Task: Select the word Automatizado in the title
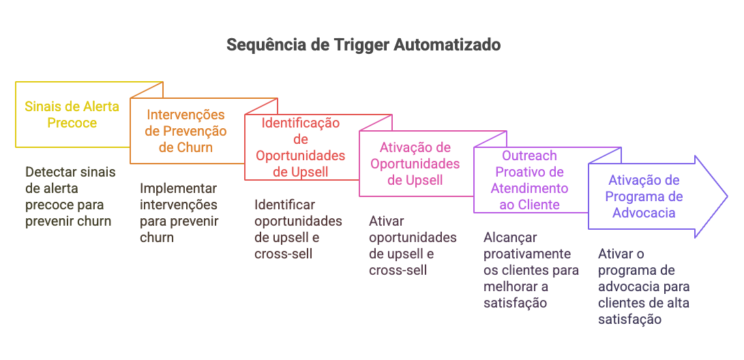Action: click(447, 45)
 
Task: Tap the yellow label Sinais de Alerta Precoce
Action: click(72, 115)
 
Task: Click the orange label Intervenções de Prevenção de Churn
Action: click(186, 131)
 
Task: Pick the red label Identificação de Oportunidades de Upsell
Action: click(301, 147)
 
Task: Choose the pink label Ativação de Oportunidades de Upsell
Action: click(415, 164)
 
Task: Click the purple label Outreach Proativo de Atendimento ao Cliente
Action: click(529, 180)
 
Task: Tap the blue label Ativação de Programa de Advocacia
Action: click(644, 196)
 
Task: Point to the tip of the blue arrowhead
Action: click(728, 196)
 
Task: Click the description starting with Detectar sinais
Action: click(70, 196)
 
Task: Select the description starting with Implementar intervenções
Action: click(179, 213)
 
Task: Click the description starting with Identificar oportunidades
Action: click(298, 229)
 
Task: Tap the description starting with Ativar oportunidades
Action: click(413, 245)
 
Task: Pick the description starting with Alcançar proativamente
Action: click(531, 270)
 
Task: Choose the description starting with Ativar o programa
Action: click(643, 286)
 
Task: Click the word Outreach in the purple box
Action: click(529, 155)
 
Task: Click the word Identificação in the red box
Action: click(301, 123)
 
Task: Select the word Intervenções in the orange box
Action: click(186, 115)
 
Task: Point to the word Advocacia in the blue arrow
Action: click(644, 213)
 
